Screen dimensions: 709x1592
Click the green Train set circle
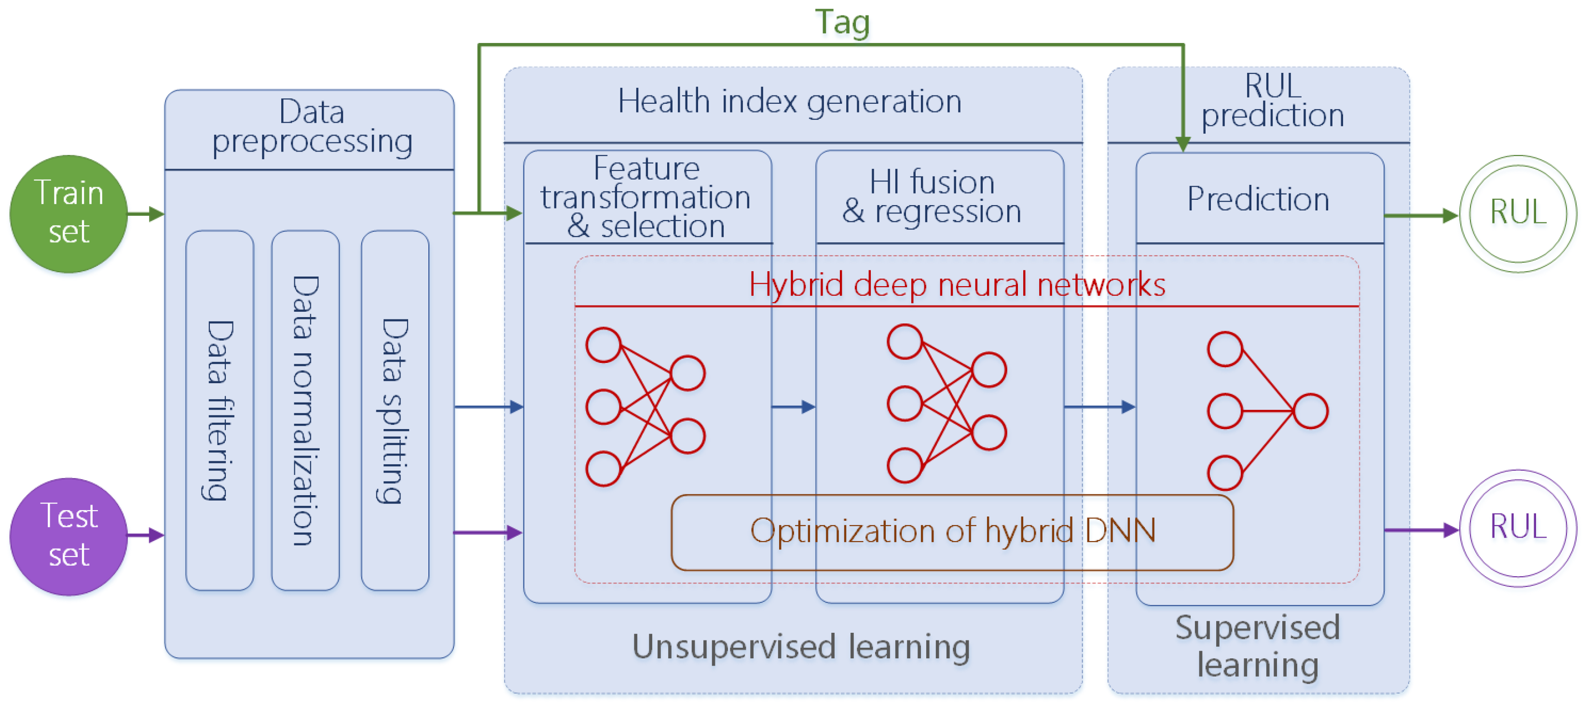69,213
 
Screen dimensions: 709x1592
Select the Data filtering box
220,410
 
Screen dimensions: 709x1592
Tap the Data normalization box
305,410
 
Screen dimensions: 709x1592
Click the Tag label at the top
842,22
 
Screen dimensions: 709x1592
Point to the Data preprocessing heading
312,127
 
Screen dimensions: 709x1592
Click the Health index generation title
789,101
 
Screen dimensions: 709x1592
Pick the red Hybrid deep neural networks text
957,285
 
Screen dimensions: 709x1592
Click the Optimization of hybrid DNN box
952,531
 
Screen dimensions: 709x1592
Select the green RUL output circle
1517,213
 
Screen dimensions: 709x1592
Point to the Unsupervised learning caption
800,647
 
